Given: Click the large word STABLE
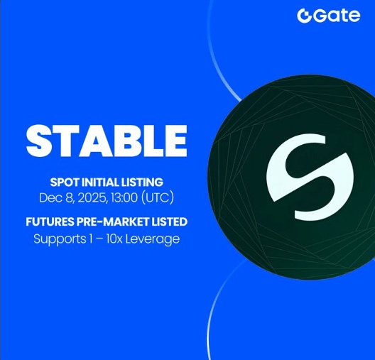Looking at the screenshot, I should pyautogui.click(x=107, y=141).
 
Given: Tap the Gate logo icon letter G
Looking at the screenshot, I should pyautogui.click(x=305, y=16).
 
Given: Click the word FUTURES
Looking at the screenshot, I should pyautogui.click(x=52, y=222).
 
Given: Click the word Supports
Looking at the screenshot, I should pyautogui.click(x=58, y=239).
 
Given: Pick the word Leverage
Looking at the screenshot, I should pyautogui.click(x=156, y=239).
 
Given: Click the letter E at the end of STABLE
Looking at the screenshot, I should pyautogui.click(x=175, y=141).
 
